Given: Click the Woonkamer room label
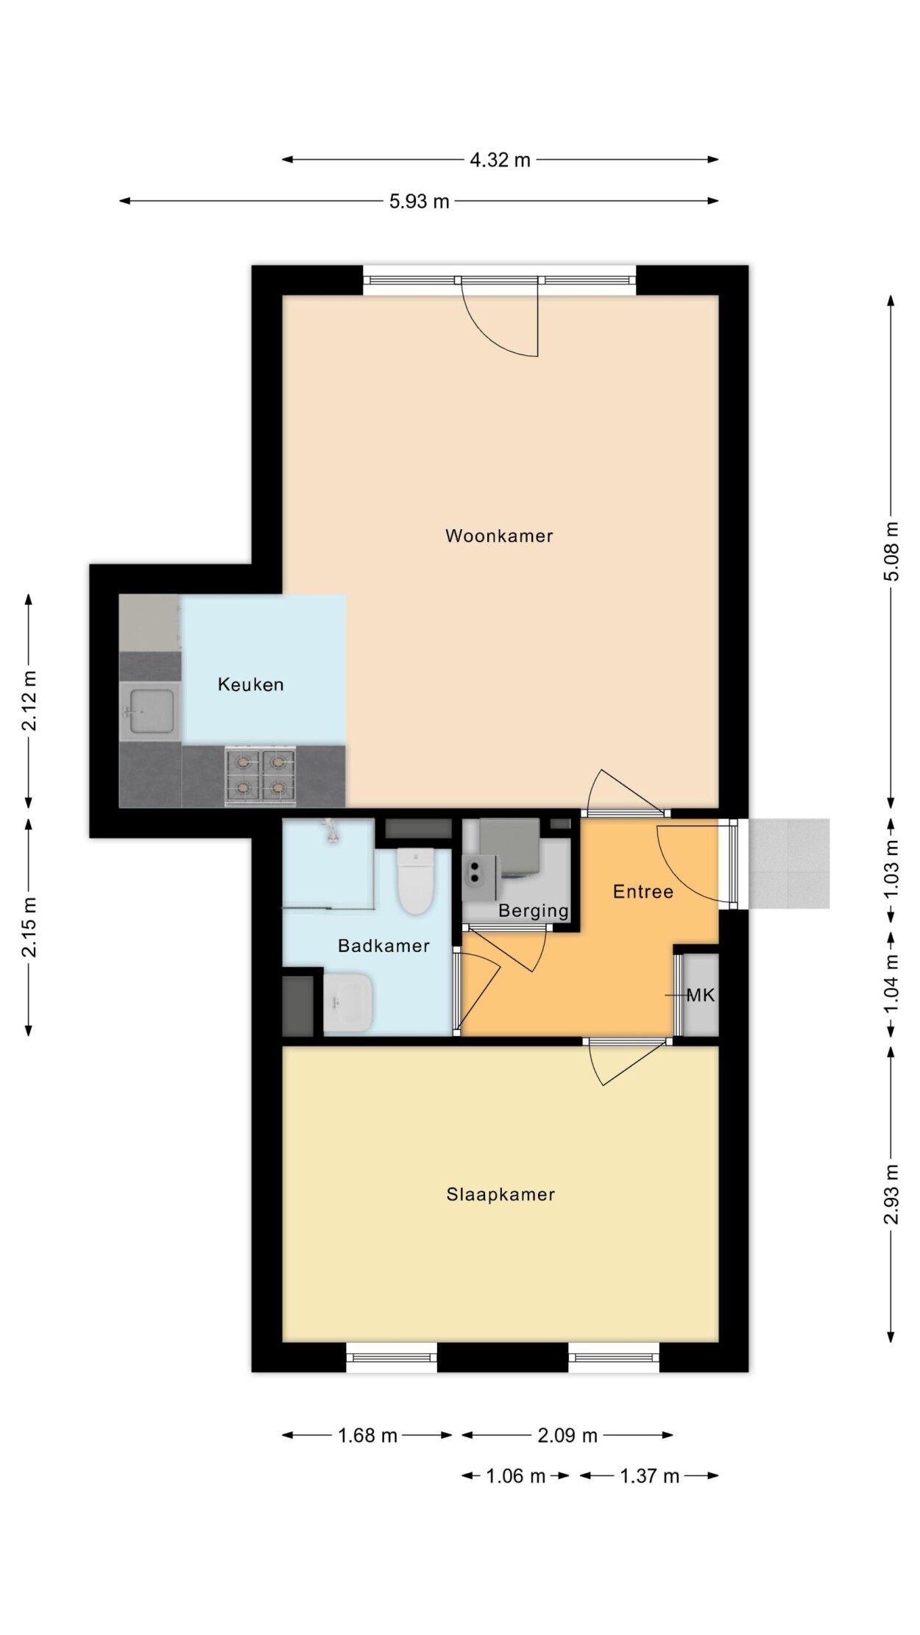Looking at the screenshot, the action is [499, 536].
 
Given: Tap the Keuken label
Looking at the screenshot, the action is [250, 684].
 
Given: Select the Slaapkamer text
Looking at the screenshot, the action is [500, 1194].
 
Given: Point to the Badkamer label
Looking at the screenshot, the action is [383, 946].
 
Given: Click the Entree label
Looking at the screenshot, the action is [643, 892].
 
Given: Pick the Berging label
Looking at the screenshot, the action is [534, 911].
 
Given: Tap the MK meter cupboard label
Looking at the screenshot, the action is [701, 996].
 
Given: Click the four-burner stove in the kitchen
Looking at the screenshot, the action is [261, 776].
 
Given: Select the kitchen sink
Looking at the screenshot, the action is [150, 712].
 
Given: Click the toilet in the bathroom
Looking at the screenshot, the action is [415, 881].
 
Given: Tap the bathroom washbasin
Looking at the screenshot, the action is [348, 1002].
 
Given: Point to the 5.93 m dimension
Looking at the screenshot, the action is [419, 201].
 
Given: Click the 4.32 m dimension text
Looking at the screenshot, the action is [500, 160].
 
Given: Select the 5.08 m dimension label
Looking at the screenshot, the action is [891, 551].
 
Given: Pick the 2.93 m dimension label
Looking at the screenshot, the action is [891, 1194].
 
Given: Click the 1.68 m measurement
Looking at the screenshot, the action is [367, 1436].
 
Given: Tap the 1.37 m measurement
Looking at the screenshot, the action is [649, 1476].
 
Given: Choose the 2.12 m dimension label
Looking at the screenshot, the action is [29, 701].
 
